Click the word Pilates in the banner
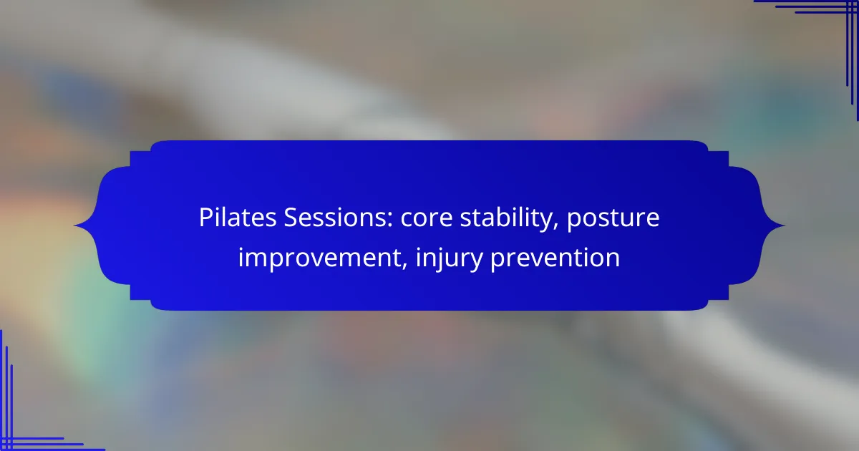click(238, 218)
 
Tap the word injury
click(449, 258)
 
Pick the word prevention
click(555, 258)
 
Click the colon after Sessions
click(389, 220)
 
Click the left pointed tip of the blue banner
click(74, 225)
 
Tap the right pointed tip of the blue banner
click(785, 225)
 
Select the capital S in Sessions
click(291, 218)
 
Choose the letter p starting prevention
click(498, 261)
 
